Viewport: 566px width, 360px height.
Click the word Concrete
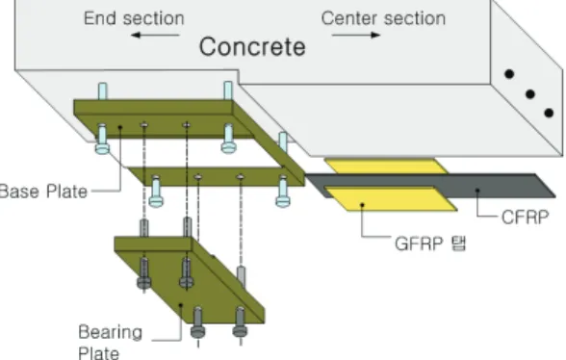click(252, 47)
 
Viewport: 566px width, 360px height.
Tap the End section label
click(134, 18)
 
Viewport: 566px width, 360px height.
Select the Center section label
click(383, 18)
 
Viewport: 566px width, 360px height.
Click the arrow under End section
click(155, 35)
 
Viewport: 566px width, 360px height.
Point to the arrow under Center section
click(356, 35)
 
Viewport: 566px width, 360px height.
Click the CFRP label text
click(526, 218)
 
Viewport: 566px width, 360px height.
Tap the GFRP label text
click(419, 244)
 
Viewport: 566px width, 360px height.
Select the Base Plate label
click(43, 192)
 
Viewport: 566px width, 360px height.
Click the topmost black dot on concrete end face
click(509, 74)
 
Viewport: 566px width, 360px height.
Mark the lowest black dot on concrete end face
click(549, 113)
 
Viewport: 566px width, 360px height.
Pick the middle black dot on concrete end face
click(529, 94)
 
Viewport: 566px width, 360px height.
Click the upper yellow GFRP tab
click(386, 167)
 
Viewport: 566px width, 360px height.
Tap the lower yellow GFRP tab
click(392, 199)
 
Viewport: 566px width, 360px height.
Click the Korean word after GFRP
click(459, 244)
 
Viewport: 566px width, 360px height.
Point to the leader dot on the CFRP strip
click(477, 190)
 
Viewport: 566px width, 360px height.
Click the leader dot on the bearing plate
click(181, 305)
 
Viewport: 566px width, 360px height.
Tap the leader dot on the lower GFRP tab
click(362, 205)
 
